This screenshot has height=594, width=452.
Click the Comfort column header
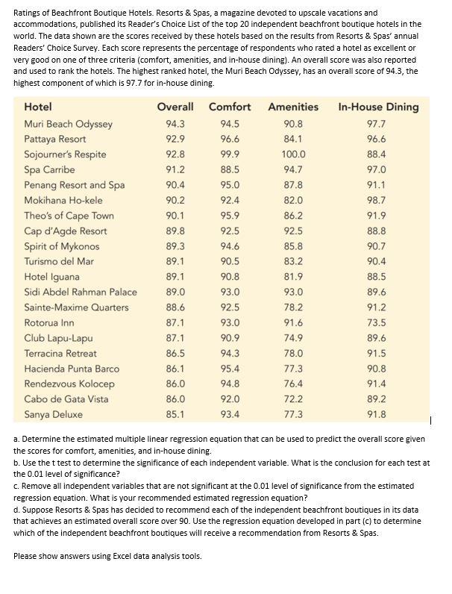[x=230, y=107]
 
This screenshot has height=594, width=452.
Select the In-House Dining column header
[x=378, y=107]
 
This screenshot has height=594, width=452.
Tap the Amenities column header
[x=293, y=107]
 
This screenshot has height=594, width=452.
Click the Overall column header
[x=175, y=107]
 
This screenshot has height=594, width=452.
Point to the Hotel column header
[x=38, y=107]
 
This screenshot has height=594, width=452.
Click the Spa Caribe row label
[x=49, y=169]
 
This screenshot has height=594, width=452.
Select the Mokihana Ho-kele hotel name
[x=63, y=200]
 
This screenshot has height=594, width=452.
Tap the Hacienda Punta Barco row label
[x=72, y=369]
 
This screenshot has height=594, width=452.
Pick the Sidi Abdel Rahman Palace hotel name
[x=81, y=292]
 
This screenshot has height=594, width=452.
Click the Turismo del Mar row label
[x=59, y=261]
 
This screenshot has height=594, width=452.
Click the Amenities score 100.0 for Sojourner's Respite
[x=293, y=154]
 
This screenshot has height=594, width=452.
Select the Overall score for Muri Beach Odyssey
[x=175, y=124]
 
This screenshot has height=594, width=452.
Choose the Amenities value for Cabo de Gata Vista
[x=293, y=399]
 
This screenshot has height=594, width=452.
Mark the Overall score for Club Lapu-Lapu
[x=175, y=338]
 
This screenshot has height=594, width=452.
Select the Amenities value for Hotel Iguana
[x=293, y=277]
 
